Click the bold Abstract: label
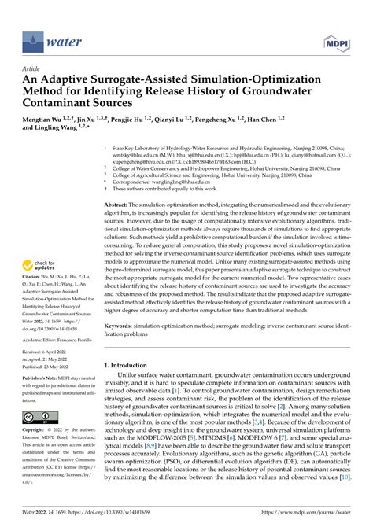tap(119, 204)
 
